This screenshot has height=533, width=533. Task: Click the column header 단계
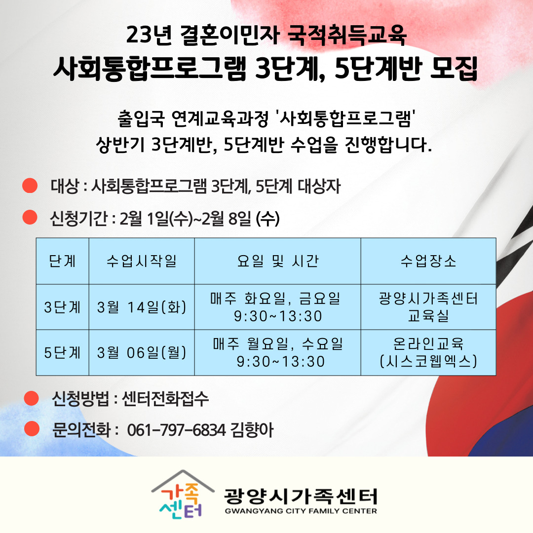[x=62, y=261]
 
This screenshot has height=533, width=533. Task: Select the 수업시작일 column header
[x=142, y=261]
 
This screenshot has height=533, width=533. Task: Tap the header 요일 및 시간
[x=277, y=261]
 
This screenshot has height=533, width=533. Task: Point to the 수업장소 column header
[x=428, y=261]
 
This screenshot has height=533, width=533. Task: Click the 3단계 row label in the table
[x=62, y=307]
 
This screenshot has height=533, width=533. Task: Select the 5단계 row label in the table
[x=62, y=352]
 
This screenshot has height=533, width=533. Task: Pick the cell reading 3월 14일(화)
[x=142, y=307]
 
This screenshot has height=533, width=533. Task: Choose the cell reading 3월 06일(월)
[x=142, y=352]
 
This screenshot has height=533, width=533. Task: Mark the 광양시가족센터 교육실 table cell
[x=428, y=307]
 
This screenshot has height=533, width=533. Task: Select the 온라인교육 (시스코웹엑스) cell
[x=428, y=352]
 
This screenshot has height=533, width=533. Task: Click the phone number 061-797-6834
[x=176, y=430]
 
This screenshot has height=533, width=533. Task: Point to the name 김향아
[x=252, y=430]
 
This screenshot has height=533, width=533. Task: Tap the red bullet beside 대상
[x=30, y=186]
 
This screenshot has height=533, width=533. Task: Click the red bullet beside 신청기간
[x=30, y=217]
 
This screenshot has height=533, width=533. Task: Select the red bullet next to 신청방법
[x=32, y=398]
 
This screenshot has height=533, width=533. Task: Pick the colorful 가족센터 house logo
[x=182, y=495]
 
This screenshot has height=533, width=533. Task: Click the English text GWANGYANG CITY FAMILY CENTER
[x=301, y=511]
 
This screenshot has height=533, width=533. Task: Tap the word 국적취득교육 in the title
[x=347, y=35]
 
